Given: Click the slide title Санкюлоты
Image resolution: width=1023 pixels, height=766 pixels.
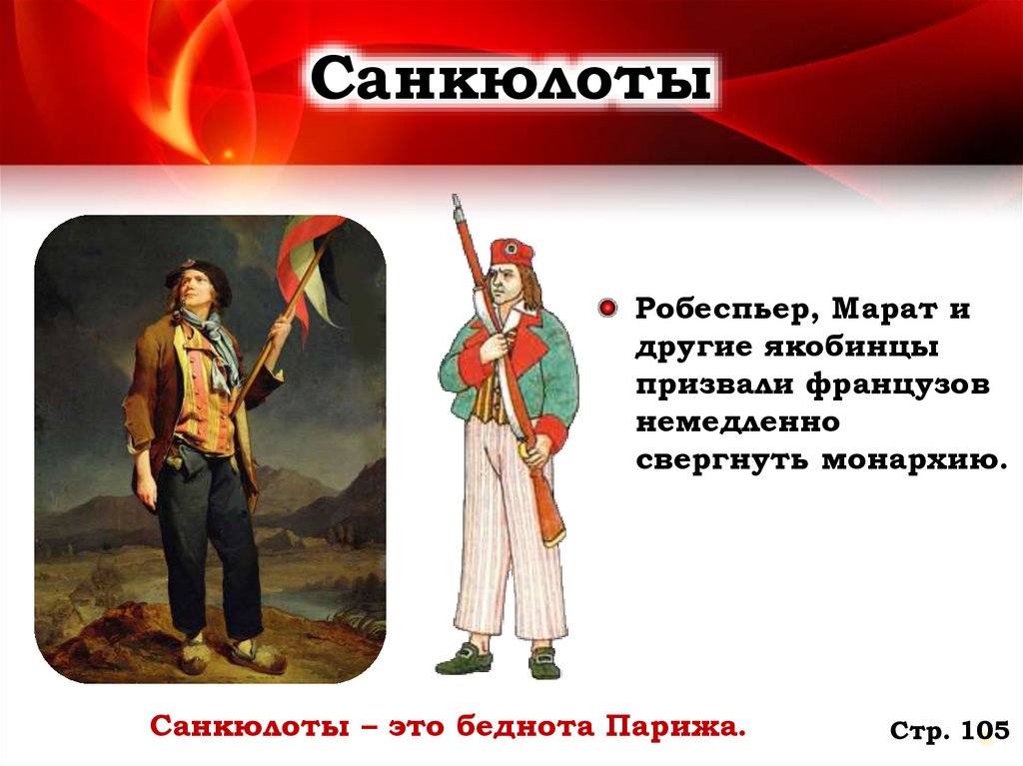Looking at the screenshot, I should point(511,81).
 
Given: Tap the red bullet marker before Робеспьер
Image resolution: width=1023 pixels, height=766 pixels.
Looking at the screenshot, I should point(606,309).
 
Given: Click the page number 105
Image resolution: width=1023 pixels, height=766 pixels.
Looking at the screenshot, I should point(984,731).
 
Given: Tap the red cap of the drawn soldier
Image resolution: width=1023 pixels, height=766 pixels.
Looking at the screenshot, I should point(511,253).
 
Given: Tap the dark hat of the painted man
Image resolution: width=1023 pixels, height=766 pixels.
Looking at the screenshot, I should point(201,274).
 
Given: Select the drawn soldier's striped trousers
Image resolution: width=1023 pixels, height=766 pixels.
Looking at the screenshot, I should point(510,539).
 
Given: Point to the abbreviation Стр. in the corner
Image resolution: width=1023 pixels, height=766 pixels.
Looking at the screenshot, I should point(919,732).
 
